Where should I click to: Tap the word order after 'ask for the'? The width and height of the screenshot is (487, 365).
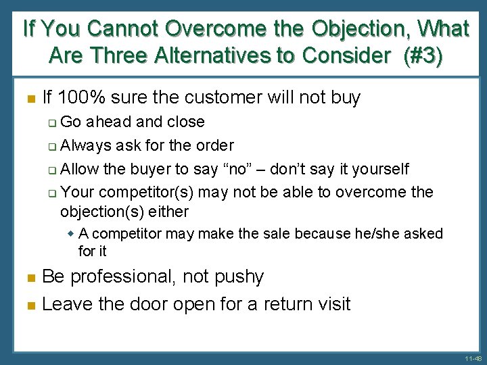tap(214, 145)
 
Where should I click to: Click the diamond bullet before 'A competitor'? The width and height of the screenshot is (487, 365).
tap(72, 234)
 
